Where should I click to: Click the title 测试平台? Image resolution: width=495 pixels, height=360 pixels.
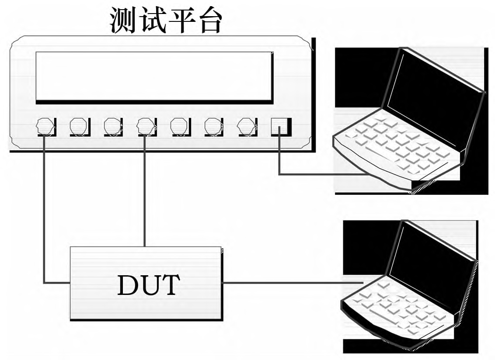(166, 20)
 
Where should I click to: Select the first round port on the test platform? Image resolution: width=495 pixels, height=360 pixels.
(45, 127)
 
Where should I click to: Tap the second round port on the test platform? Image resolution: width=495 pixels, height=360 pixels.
(79, 127)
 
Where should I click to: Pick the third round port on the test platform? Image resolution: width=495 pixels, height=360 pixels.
(112, 127)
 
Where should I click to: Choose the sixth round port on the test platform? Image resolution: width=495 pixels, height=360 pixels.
(213, 127)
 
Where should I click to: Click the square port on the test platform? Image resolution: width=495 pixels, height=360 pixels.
(279, 127)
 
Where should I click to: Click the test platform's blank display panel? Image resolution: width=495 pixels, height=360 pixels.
(153, 76)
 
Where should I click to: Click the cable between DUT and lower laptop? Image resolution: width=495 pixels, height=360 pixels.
(289, 283)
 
